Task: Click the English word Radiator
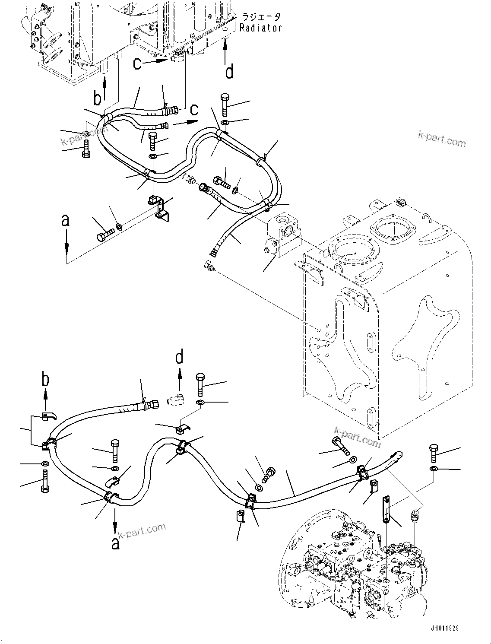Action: tap(261, 28)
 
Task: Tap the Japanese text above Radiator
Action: tap(261, 17)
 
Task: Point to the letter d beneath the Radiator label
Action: tap(229, 71)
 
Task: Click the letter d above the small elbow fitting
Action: tap(179, 357)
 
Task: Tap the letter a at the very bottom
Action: tap(115, 542)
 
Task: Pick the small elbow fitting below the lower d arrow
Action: tap(176, 401)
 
